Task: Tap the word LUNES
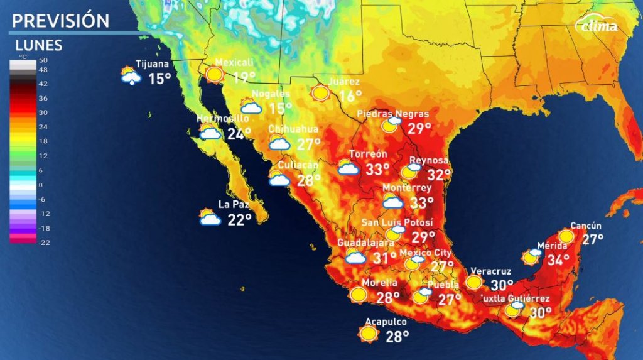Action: [x=38, y=45]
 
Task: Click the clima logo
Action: [x=598, y=25]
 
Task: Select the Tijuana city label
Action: [x=153, y=64]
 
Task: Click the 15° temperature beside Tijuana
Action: [x=159, y=79]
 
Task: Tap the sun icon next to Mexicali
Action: [x=214, y=75]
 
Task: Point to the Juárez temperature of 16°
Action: [x=350, y=96]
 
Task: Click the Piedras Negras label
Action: [x=393, y=114]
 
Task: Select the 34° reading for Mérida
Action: [x=558, y=259]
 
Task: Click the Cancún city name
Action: [x=586, y=226]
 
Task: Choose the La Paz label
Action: [x=230, y=204]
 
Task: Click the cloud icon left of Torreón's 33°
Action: [x=347, y=168]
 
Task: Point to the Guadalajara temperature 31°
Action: [x=384, y=257]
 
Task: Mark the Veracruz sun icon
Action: [x=474, y=282]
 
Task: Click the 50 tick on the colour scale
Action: [x=43, y=60]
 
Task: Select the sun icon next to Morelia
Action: [x=359, y=294]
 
